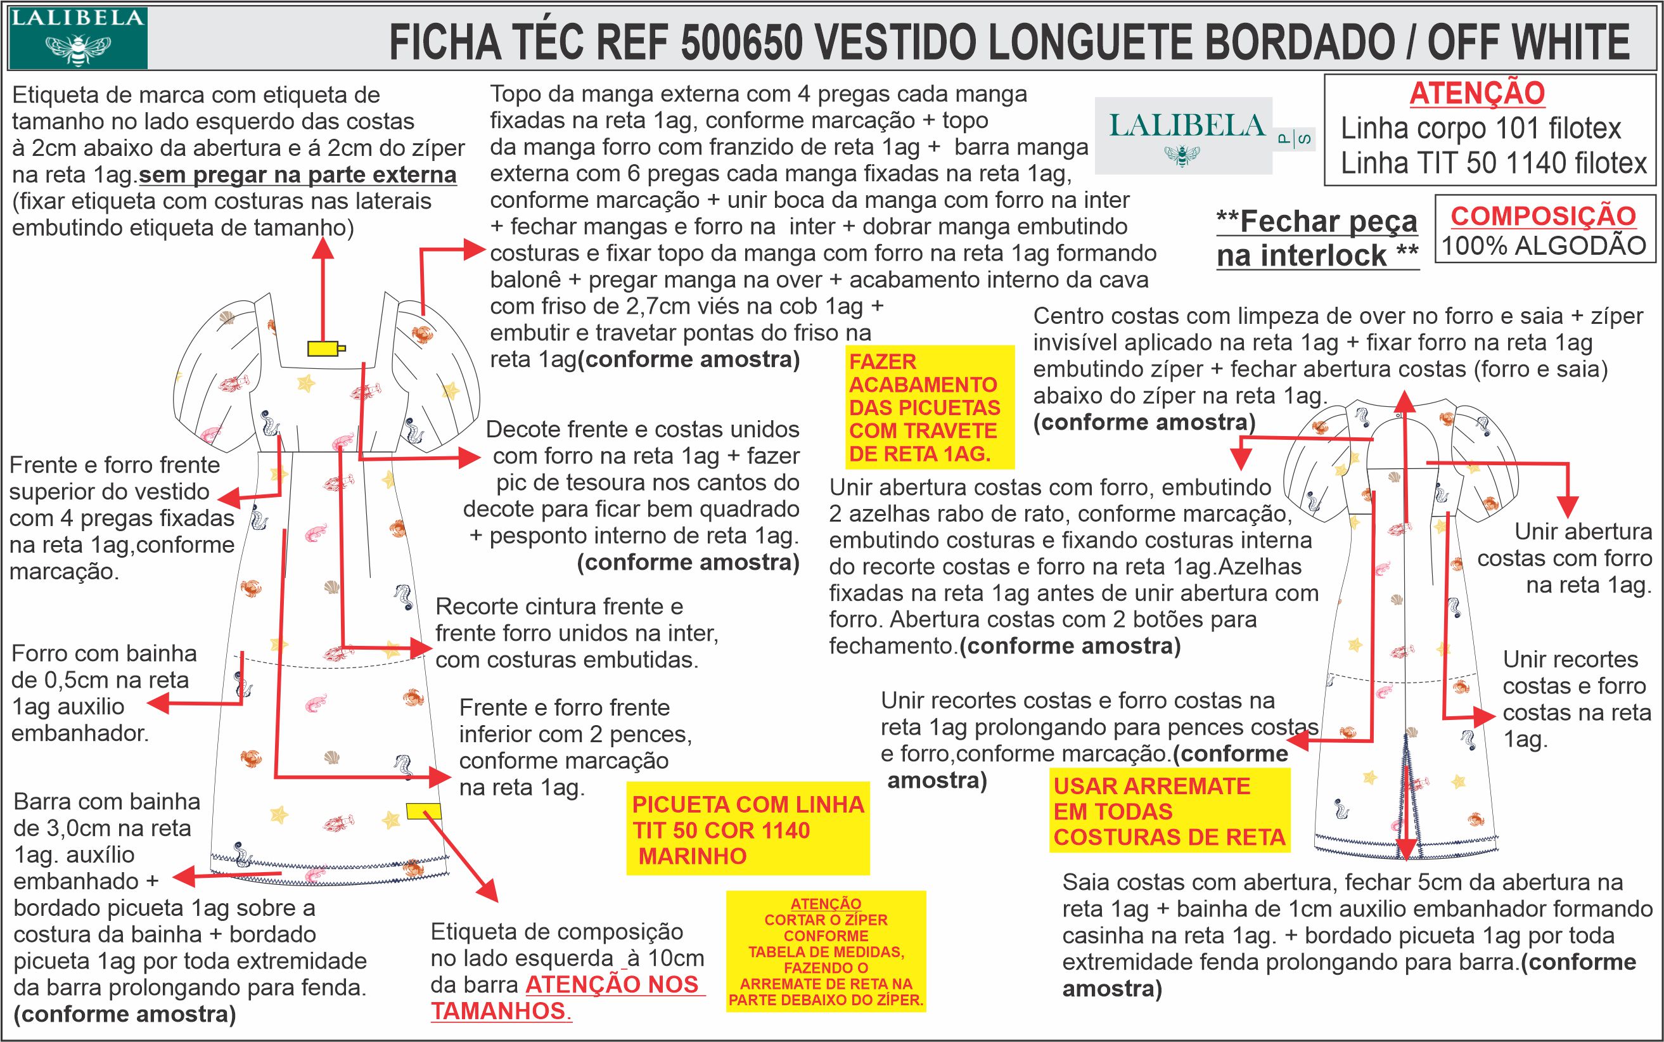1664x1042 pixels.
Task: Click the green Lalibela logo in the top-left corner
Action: (77, 37)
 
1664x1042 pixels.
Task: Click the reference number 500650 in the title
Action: (741, 41)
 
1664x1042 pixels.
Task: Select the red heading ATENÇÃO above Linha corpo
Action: (1476, 94)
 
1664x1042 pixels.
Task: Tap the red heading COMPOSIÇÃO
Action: (1544, 215)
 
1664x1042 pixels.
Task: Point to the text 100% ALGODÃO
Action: (1544, 246)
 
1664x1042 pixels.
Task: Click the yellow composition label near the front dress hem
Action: (423, 811)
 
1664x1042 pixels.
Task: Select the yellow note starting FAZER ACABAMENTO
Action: (930, 408)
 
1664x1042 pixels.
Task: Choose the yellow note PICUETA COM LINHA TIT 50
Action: (748, 830)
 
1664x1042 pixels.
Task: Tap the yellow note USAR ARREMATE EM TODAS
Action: (1169, 811)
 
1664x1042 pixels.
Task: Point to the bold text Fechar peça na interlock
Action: (1317, 238)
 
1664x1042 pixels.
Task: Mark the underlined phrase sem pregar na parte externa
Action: (298, 175)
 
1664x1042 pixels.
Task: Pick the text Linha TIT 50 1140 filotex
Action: (1494, 164)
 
